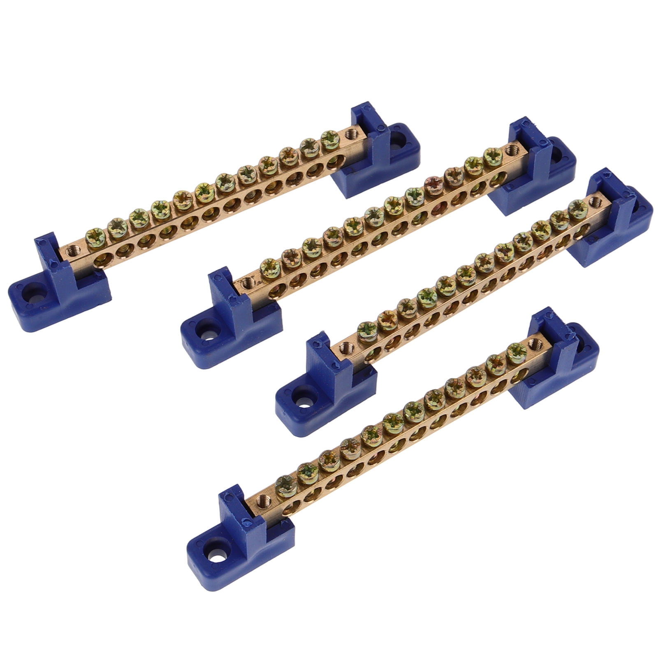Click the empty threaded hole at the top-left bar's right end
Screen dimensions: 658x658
pos(350,133)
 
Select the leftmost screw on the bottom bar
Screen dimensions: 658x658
pos(284,484)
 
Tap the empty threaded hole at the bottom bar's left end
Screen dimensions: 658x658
pos(262,501)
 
